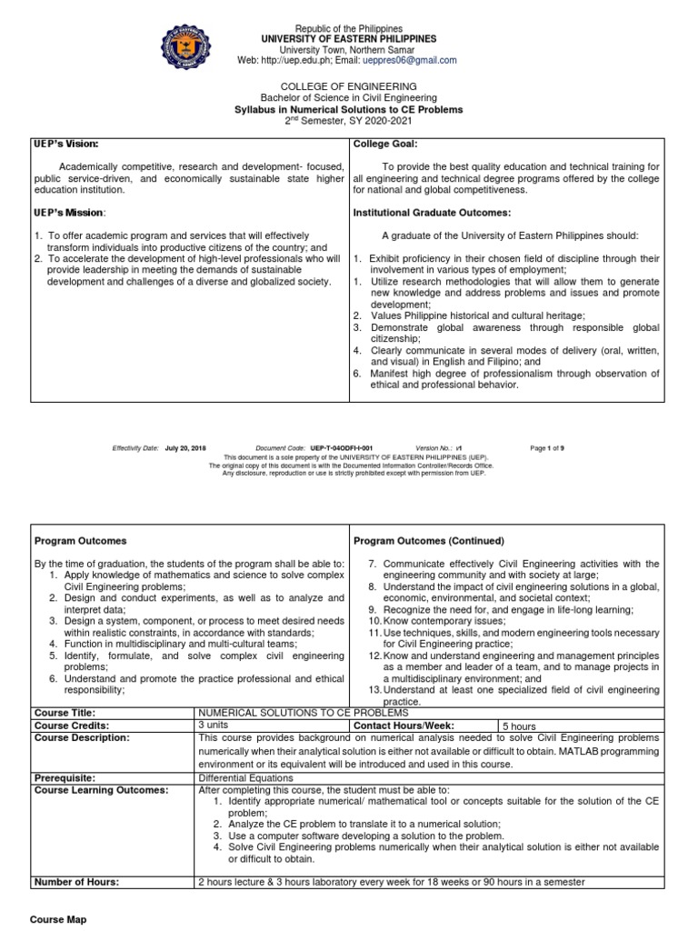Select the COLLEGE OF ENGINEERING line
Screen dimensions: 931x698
[x=349, y=86]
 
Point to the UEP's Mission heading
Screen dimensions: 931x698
[x=69, y=213]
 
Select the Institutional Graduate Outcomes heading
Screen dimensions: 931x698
[x=432, y=213]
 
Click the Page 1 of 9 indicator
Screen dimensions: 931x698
[x=550, y=448]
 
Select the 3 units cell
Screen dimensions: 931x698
[x=214, y=726]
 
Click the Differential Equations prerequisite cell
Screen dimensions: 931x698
[x=245, y=778]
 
